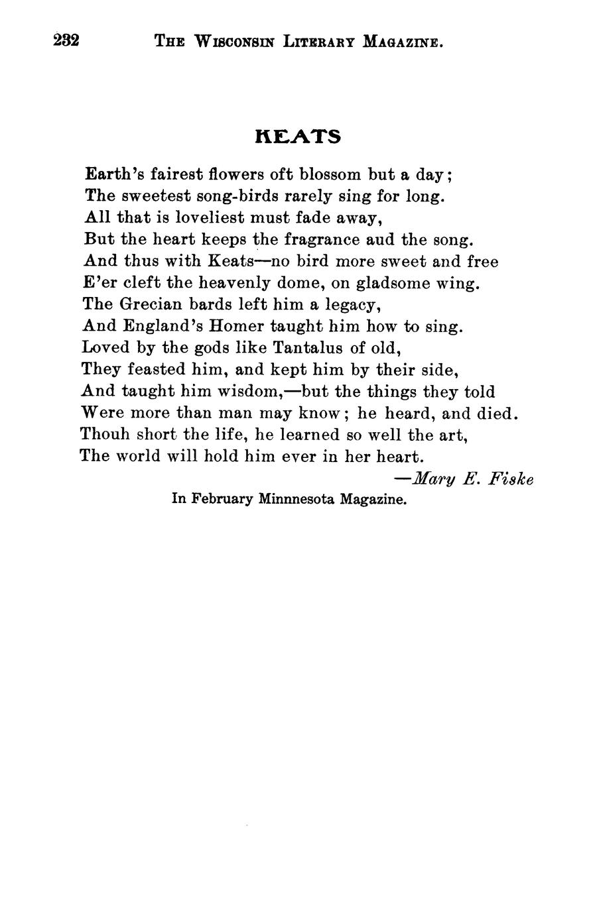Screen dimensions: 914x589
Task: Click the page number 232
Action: [66, 41]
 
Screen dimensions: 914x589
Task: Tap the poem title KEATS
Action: [298, 137]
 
